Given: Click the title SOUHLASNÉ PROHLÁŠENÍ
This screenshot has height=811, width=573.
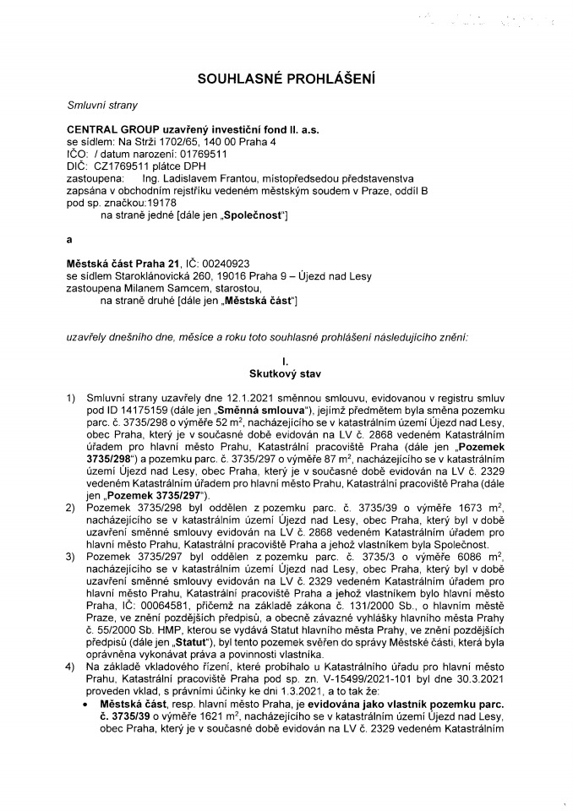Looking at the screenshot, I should tap(286, 79).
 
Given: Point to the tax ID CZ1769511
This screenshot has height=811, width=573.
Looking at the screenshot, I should tap(122, 167).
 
